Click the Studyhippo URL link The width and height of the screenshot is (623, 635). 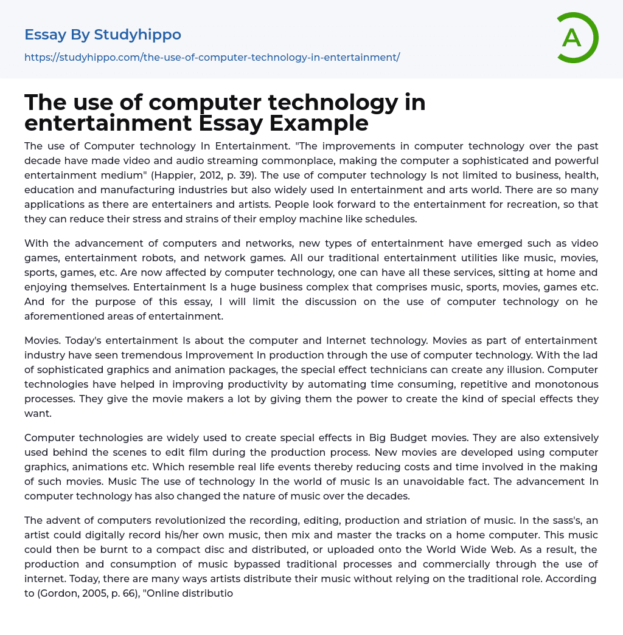tap(212, 57)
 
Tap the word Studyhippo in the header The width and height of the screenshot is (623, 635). tap(137, 35)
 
